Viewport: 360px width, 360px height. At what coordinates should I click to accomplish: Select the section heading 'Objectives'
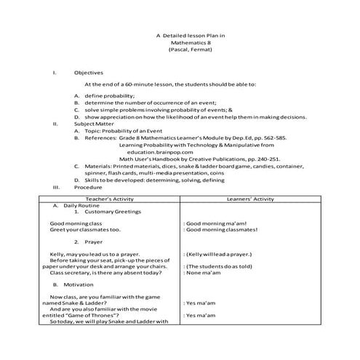pyautogui.click(x=89, y=73)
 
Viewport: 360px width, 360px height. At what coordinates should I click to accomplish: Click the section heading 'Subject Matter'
pyautogui.click(x=93, y=124)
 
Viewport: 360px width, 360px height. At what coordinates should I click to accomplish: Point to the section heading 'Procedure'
pyautogui.click(x=89, y=186)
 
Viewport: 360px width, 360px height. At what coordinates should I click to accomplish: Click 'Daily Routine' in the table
pyautogui.click(x=92, y=204)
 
